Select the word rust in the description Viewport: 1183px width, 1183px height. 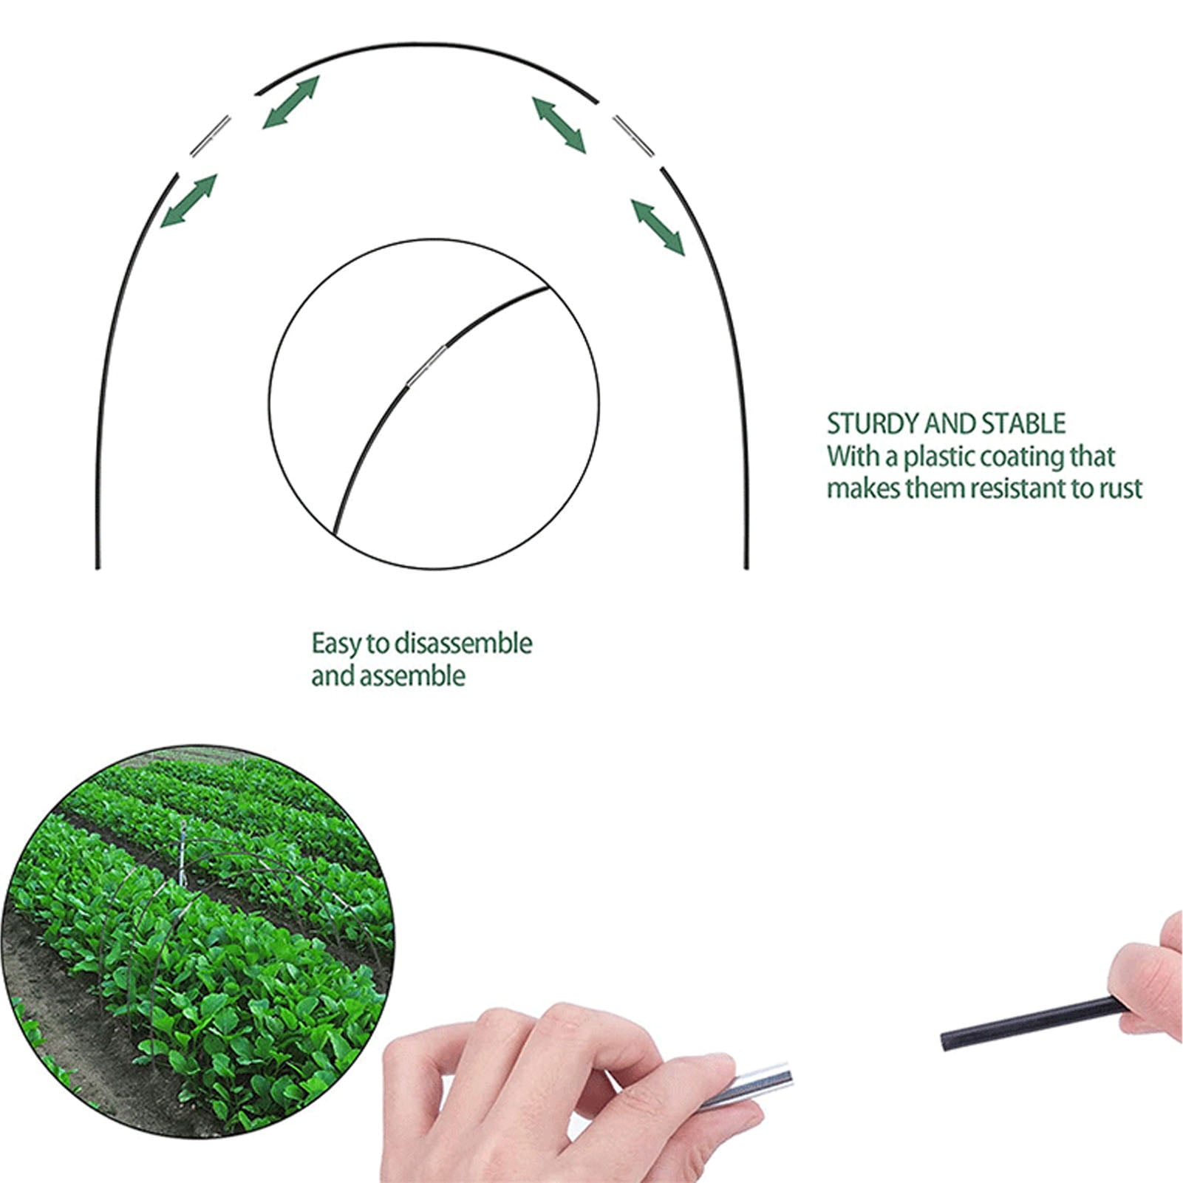click(x=1121, y=488)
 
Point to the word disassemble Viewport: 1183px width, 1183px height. click(x=463, y=644)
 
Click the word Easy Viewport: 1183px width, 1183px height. click(x=337, y=644)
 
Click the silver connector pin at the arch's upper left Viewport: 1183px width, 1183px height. click(x=211, y=136)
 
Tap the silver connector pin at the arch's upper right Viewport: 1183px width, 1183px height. click(x=633, y=135)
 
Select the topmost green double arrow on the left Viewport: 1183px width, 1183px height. click(x=291, y=102)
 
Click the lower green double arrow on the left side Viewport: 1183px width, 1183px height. click(x=188, y=200)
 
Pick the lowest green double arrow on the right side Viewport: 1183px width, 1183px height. click(x=658, y=227)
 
